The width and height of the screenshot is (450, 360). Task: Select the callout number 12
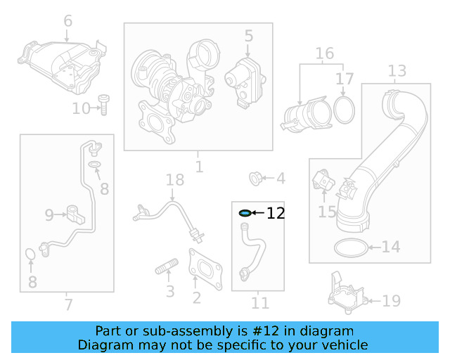point(276,213)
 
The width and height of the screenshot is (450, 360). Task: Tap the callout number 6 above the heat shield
point(67,21)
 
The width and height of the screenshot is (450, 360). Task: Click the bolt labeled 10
point(103,105)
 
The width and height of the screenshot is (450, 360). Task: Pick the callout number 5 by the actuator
point(248,35)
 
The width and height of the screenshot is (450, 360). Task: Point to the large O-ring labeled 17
point(343,109)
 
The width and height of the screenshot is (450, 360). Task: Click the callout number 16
point(324,53)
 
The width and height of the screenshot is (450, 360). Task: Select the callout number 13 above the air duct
point(397,71)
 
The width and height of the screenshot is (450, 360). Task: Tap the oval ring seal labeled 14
point(349,247)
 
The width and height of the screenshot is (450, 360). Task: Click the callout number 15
point(327,211)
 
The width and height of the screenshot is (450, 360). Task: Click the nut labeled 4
point(257,178)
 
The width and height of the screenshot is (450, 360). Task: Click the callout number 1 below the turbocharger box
point(199,167)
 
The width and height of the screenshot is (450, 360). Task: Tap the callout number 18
point(174,181)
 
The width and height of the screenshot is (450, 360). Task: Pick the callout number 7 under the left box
point(67,304)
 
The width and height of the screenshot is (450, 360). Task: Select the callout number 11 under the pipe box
point(260,304)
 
